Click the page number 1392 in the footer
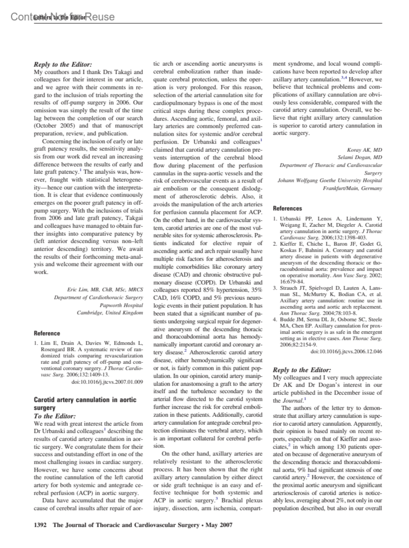[x=40, y=525]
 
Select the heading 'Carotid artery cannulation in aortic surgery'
[x=85, y=404]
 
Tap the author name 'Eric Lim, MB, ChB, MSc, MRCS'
[x=105, y=290]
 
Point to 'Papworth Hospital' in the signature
[x=121, y=305]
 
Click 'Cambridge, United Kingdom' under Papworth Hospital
[x=110, y=313]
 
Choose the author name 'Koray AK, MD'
[x=364, y=150]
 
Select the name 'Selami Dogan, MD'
[x=360, y=157]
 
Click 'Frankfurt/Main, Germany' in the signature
[x=352, y=188]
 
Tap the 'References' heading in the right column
[x=287, y=208]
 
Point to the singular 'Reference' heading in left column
[x=47, y=333]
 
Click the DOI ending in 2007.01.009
[x=107, y=382]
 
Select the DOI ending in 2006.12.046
[x=346, y=351]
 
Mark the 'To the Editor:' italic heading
[x=55, y=416]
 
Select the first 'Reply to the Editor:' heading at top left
[x=63, y=64]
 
